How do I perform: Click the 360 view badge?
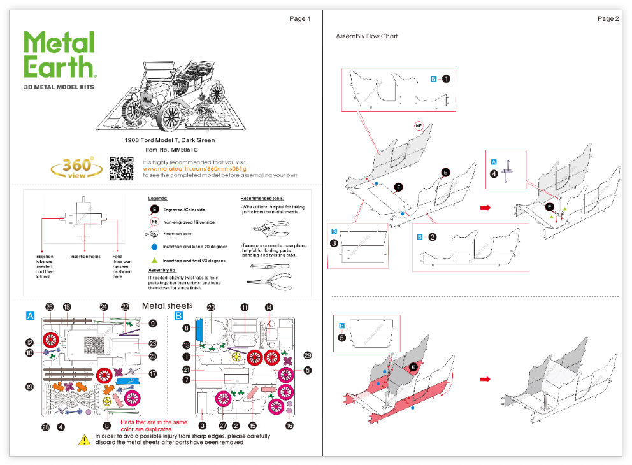[x=77, y=168]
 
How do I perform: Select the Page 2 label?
[x=608, y=19]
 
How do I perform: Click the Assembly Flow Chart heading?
[x=366, y=36]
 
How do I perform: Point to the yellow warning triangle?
[x=84, y=440]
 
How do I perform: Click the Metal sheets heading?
[x=167, y=306]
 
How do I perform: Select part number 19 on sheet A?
[x=29, y=387]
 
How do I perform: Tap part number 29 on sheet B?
[x=308, y=355]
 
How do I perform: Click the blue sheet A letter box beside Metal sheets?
[x=30, y=316]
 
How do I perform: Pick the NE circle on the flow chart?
[x=419, y=125]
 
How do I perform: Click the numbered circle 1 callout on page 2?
[x=446, y=79]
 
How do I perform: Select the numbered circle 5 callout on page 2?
[x=342, y=338]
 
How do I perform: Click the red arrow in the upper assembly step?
[x=485, y=208]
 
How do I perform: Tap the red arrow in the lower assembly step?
[x=485, y=379]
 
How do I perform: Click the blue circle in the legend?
[x=154, y=247]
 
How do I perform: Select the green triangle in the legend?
[x=154, y=261]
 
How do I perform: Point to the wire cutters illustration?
[x=270, y=227]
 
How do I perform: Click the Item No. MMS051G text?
[x=169, y=149]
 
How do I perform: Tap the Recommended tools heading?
[x=262, y=199]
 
